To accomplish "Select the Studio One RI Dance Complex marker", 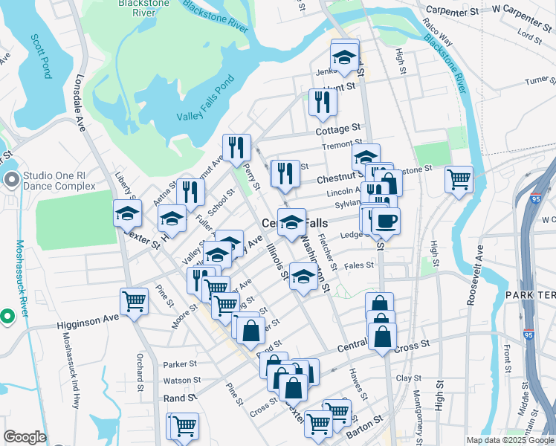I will (11, 180).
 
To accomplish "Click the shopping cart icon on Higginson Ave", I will (134, 301).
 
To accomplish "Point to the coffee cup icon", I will (385, 221).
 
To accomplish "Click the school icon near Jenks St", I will (344, 56).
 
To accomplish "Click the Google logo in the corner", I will (25, 437).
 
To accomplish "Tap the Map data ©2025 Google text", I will (509, 440).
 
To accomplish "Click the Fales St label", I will (359, 265).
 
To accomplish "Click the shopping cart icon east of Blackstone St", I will (459, 178).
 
